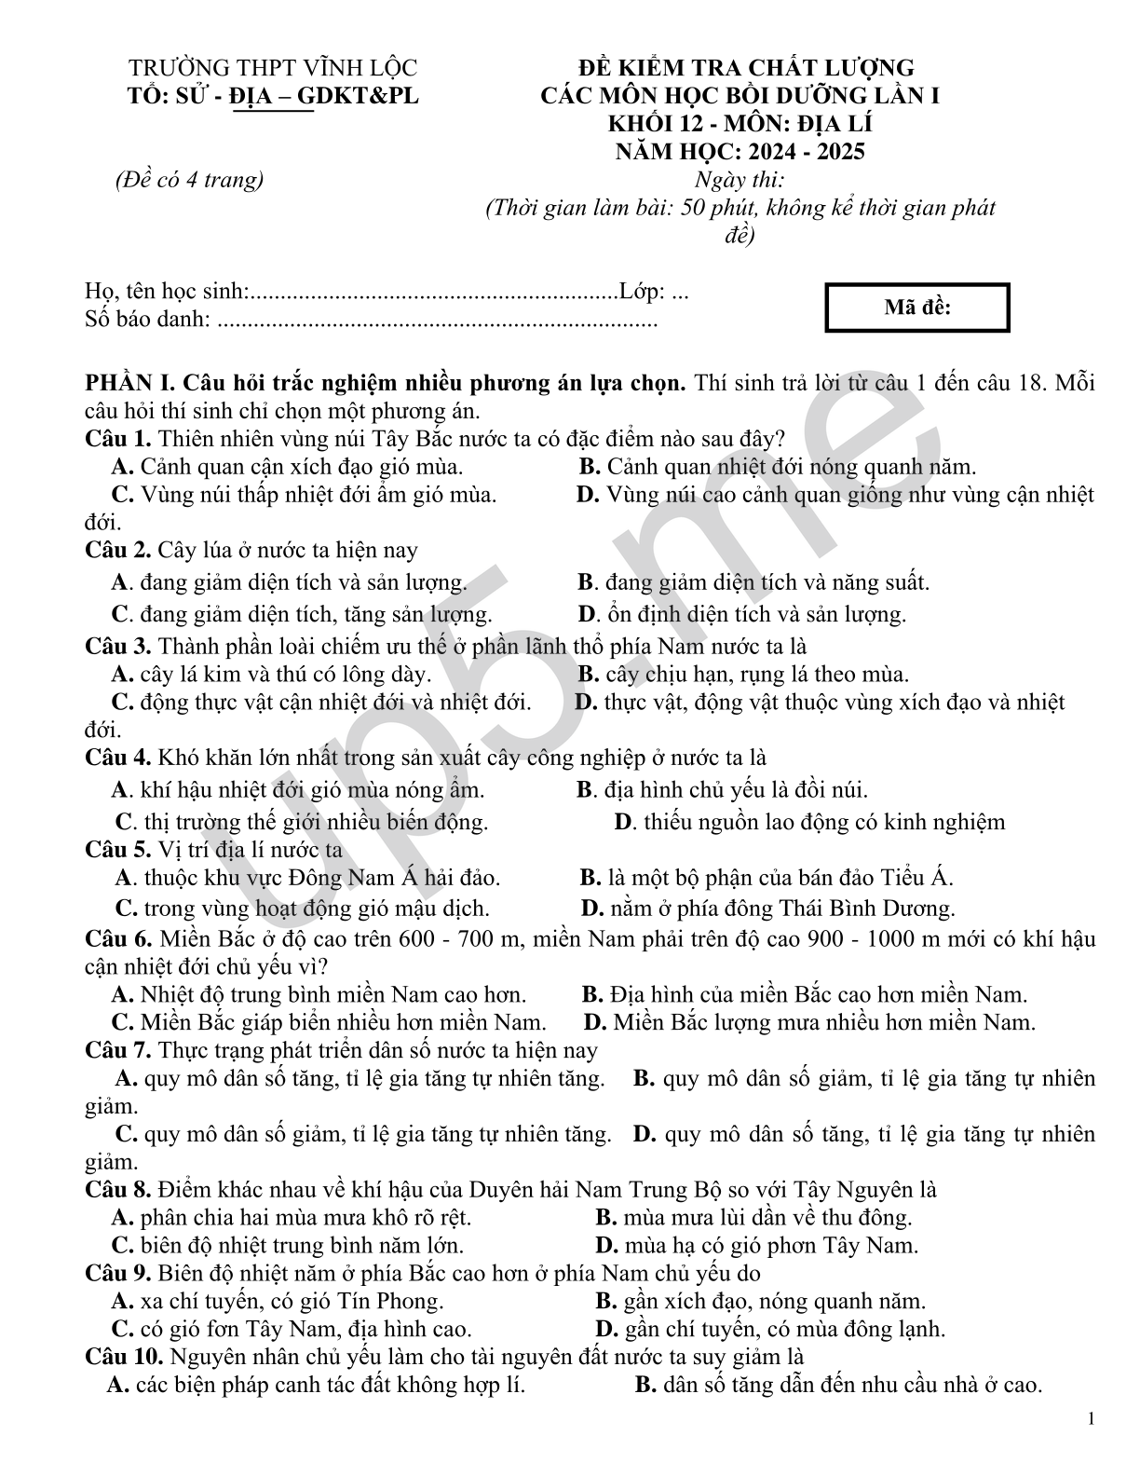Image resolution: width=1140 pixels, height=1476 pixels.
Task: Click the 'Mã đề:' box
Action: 916,307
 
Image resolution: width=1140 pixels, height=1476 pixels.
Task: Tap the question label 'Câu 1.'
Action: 118,438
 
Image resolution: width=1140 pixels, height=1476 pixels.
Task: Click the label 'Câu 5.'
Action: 118,850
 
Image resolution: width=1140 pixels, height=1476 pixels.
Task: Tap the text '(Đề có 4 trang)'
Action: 189,180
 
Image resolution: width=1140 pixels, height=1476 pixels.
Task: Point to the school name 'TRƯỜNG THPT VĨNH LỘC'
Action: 272,68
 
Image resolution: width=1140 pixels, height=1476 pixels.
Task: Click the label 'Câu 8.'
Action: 118,1190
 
